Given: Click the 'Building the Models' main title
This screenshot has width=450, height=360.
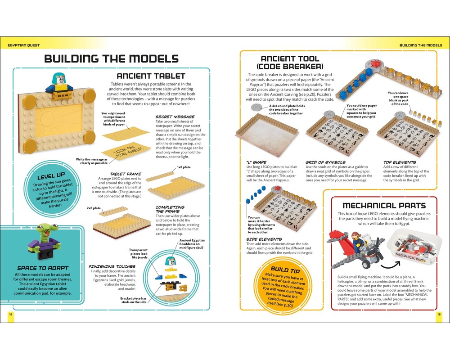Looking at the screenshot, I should coord(111,59).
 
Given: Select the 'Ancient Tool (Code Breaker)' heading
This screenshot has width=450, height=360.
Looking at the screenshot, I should coord(290,63).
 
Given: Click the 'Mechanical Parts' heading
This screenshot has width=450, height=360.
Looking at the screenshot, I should coord(384,205).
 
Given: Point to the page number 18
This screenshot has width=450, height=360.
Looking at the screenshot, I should coord(10,314).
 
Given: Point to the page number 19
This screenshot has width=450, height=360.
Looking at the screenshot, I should coord(439,314).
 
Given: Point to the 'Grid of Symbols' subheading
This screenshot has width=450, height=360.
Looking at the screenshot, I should coord(325,162).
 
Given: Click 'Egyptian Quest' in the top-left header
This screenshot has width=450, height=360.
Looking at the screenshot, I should coord(24,45).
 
